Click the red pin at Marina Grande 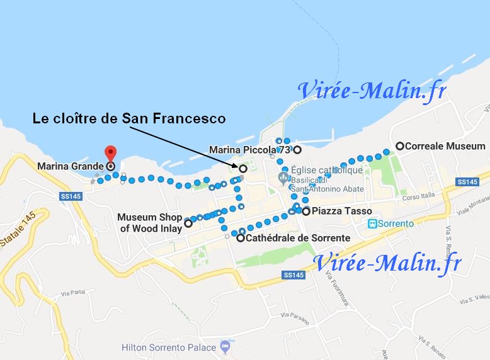tap(110, 153)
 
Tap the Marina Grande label tap(71, 167)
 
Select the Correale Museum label tap(445, 146)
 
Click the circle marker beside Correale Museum tap(399, 146)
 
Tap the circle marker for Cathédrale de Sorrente tap(241, 238)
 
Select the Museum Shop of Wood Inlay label tap(149, 223)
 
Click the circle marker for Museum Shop tap(188, 223)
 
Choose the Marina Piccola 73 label tap(251, 150)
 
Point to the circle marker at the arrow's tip tap(242, 169)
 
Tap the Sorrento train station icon tap(373, 223)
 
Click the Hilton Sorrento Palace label tap(167, 347)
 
